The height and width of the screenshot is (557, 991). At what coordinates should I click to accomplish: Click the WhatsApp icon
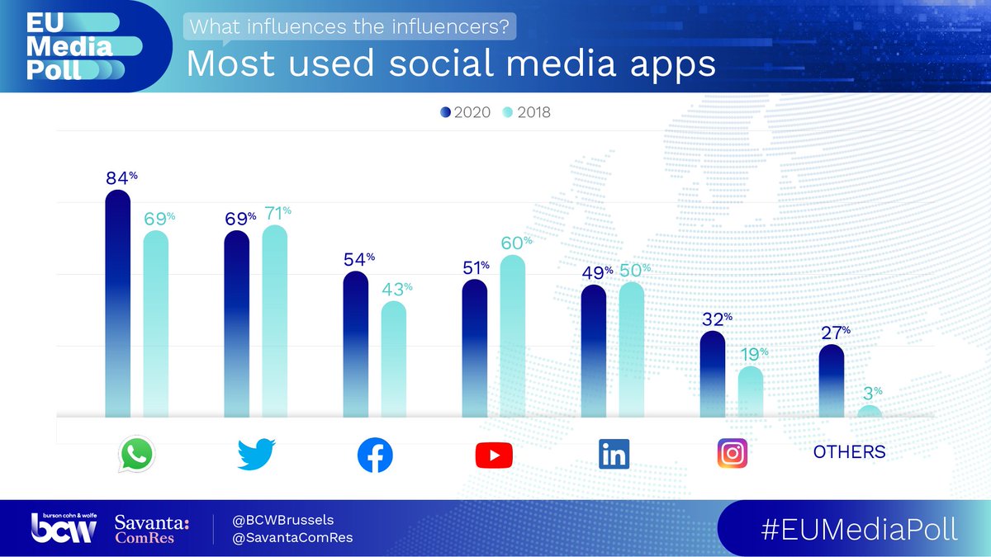(137, 454)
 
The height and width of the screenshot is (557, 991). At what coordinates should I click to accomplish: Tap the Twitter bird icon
(256, 454)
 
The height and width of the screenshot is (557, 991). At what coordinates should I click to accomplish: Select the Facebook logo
(375, 455)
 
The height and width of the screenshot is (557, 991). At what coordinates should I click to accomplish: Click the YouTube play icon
(494, 455)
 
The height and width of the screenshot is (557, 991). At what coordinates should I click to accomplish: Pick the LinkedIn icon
(613, 454)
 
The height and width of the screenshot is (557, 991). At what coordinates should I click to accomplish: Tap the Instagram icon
(732, 453)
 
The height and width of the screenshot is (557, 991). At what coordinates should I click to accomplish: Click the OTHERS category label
(849, 452)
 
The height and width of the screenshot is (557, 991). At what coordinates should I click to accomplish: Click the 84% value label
(117, 178)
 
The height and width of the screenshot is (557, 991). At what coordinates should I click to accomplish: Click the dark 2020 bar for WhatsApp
(118, 305)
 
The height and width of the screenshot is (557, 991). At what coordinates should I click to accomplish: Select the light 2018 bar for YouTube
(512, 338)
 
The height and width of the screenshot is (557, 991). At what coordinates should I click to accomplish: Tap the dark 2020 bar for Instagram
(713, 375)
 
